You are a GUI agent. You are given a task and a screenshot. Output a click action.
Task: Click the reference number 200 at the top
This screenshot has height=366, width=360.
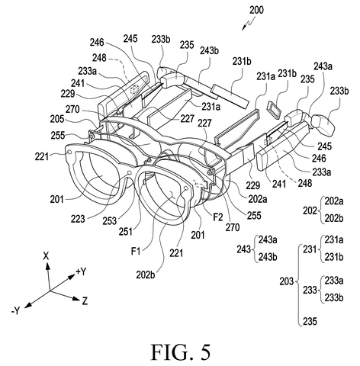tap(256, 10)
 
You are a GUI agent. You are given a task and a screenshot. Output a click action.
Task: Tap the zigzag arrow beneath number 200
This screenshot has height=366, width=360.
tap(249, 24)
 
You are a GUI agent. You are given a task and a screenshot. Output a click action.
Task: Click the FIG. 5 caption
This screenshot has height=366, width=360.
tap(181, 352)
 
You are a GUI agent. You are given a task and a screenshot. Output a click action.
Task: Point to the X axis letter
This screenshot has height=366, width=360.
tap(46, 256)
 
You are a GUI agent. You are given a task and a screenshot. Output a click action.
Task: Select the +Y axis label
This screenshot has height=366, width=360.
tap(81, 271)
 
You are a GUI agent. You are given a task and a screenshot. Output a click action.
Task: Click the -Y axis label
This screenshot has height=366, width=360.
tap(15, 310)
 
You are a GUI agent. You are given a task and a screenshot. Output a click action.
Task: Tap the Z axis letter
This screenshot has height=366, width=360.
tap(85, 301)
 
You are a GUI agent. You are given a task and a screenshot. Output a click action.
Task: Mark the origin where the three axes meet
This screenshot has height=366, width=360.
tap(50, 291)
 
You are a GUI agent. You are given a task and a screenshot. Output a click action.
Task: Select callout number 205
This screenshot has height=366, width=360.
tap(57, 119)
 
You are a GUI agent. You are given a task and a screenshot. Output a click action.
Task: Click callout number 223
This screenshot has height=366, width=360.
tap(78, 219)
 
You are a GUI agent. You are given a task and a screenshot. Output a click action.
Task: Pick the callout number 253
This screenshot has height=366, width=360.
tap(110, 221)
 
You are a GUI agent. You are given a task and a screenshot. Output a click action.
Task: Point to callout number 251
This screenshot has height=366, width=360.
tap(126, 232)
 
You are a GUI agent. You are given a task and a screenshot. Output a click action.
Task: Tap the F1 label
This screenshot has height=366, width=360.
tap(136, 252)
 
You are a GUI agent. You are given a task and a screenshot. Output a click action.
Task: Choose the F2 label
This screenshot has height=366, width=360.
tap(218, 217)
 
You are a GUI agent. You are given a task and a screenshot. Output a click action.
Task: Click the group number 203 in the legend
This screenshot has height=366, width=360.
tap(287, 281)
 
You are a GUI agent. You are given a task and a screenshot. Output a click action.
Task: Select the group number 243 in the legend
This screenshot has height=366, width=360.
tap(243, 249)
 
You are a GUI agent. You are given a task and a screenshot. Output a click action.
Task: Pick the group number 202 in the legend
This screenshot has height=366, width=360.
tap(310, 210)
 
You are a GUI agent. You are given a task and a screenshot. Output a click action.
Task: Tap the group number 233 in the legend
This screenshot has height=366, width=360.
tap(310, 290)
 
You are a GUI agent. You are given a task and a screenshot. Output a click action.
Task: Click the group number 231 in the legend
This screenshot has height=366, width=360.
tap(310, 249)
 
